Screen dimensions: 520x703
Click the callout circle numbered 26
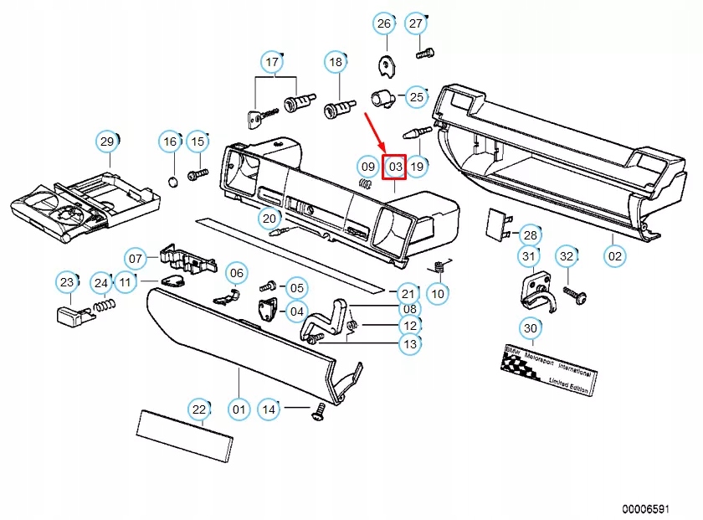point(383,23)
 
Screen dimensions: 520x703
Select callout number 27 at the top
point(416,23)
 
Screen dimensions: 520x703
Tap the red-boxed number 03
point(394,167)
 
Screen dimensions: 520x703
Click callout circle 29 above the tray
point(107,142)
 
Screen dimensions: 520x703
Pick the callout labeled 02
point(614,255)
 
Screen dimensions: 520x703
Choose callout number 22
point(199,409)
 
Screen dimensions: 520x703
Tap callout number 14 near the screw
point(269,409)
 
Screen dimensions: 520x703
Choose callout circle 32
point(567,255)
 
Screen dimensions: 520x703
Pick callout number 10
point(438,294)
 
